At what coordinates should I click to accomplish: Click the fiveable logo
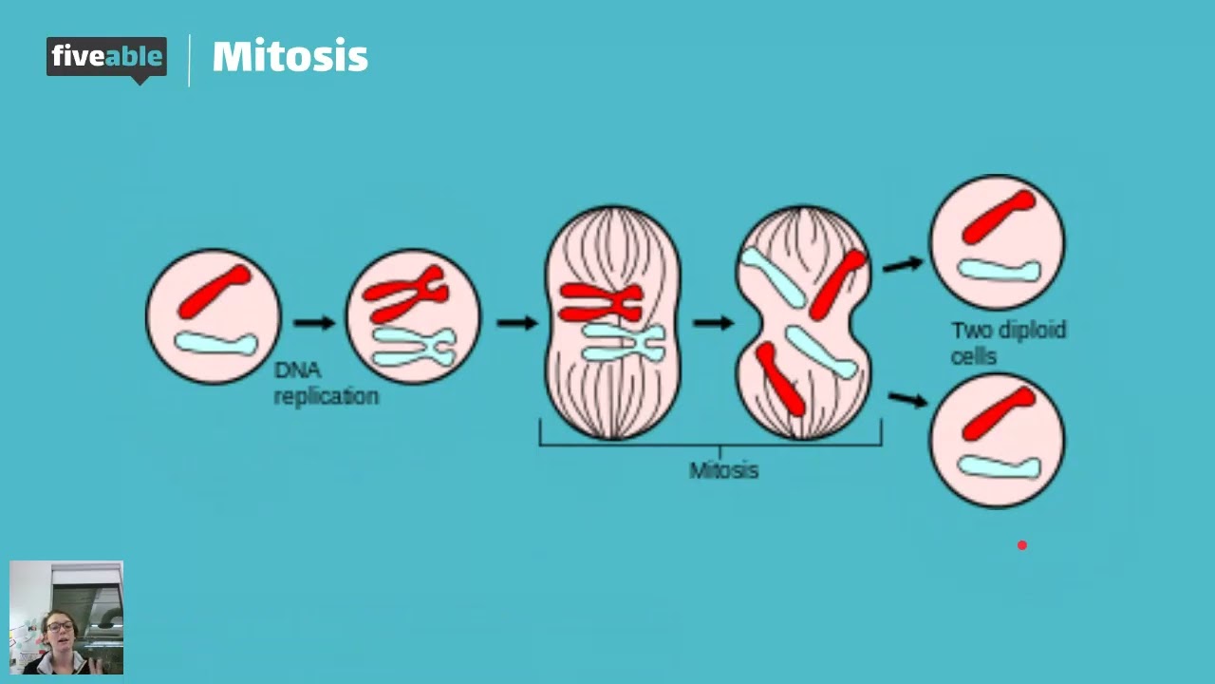[x=106, y=58]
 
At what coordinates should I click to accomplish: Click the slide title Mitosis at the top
[x=290, y=57]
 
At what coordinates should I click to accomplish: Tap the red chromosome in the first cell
[x=215, y=291]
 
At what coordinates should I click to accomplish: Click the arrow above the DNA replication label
[x=314, y=323]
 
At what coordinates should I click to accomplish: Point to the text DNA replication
[x=326, y=383]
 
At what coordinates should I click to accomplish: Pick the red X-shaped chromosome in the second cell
[x=405, y=294]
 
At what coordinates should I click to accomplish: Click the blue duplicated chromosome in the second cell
[x=414, y=346]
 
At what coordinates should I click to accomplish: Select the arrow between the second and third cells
[x=517, y=323]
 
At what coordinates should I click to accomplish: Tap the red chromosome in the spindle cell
[x=600, y=303]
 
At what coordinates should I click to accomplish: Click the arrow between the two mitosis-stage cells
[x=713, y=323]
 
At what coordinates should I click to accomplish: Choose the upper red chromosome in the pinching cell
[x=838, y=283]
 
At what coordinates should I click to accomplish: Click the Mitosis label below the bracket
[x=723, y=470]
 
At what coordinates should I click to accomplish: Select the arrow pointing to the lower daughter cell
[x=907, y=399]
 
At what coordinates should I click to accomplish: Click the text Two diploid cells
[x=1008, y=342]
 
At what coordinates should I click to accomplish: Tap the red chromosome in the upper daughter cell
[x=998, y=218]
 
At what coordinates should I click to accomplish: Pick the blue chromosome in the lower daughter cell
[x=1000, y=465]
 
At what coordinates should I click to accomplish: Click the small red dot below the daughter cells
[x=1022, y=545]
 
